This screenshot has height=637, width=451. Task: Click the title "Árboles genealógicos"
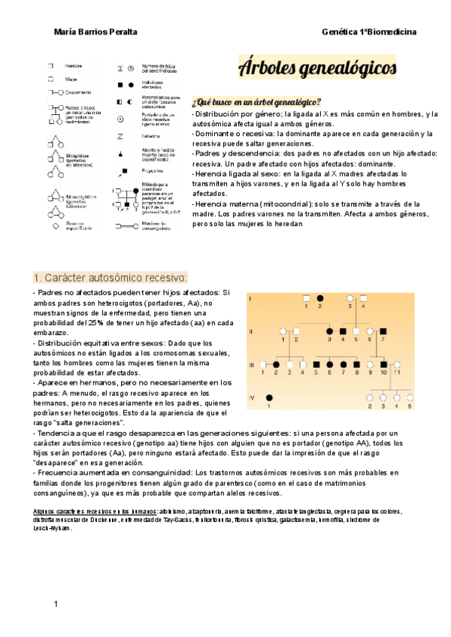tap(316, 68)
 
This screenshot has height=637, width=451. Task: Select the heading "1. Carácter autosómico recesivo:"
tap(110, 277)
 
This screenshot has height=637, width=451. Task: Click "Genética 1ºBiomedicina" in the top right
tap(368, 32)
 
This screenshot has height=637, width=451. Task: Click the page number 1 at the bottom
tap(56, 604)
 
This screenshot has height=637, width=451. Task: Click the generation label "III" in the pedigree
tap(253, 364)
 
